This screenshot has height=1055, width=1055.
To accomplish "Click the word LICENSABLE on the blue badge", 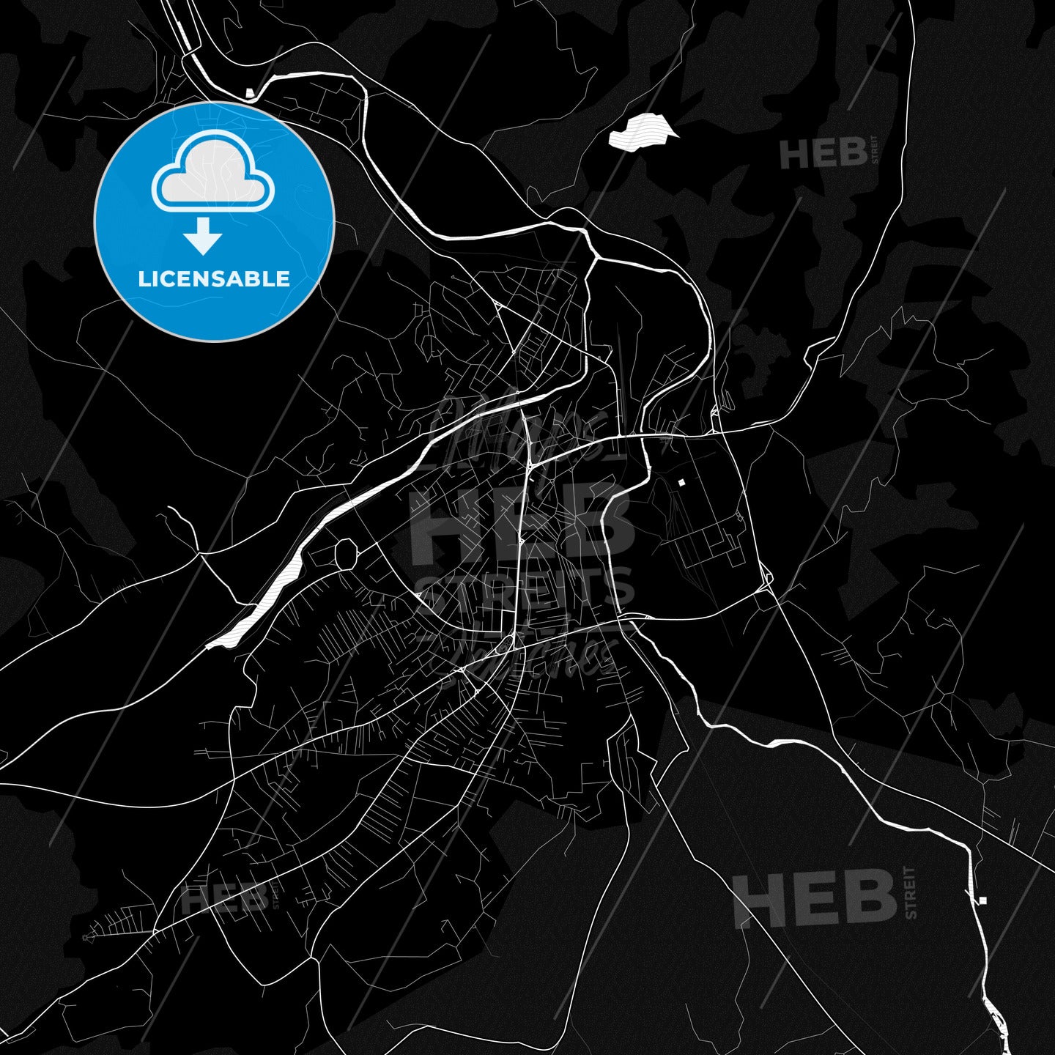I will [x=214, y=279].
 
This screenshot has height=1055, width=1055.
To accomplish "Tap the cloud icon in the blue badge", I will [x=212, y=176].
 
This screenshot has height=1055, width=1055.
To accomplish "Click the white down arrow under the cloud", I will [x=203, y=236].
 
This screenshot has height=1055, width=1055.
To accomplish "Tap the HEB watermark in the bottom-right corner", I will [x=814, y=899].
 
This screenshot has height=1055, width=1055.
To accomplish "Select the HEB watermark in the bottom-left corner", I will [x=223, y=900].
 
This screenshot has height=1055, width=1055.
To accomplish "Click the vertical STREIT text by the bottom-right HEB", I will [x=910, y=892].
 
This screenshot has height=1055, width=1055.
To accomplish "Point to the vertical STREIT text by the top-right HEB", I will [x=873, y=149].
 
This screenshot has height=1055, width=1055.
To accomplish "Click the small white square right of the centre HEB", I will [x=681, y=482].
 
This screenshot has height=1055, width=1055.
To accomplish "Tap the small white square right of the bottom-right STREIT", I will [x=982, y=900].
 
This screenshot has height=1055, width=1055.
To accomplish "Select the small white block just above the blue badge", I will [x=251, y=93].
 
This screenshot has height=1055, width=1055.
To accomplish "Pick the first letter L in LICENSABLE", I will [x=143, y=279].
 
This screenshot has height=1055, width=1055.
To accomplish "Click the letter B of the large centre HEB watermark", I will [x=601, y=522].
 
